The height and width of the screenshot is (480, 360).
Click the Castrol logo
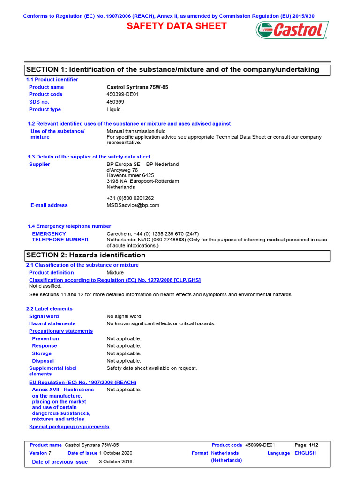[292, 30]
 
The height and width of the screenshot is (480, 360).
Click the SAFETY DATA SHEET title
[177, 26]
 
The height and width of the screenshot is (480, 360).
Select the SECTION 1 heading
[172, 70]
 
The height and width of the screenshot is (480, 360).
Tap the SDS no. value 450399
[115, 102]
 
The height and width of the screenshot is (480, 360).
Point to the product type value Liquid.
[114, 109]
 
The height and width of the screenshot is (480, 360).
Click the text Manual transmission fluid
[136, 131]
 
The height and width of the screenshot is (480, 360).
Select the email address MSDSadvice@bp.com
[133, 205]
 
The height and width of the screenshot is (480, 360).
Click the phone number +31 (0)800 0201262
[130, 198]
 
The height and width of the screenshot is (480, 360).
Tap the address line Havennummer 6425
[130, 175]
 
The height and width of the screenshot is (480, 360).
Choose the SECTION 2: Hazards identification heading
[86, 255]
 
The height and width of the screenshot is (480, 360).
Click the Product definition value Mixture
[115, 272]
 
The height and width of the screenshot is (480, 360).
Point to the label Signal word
[44, 316]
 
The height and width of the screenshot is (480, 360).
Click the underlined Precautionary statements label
[61, 331]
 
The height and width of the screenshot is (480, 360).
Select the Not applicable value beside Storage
[124, 353]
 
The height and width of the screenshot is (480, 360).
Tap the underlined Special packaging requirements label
[69, 427]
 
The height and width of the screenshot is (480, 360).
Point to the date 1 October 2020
[116, 453]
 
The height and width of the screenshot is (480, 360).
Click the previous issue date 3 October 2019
[116, 462]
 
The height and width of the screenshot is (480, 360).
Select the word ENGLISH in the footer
[305, 453]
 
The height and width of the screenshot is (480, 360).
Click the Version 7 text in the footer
[40, 453]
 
